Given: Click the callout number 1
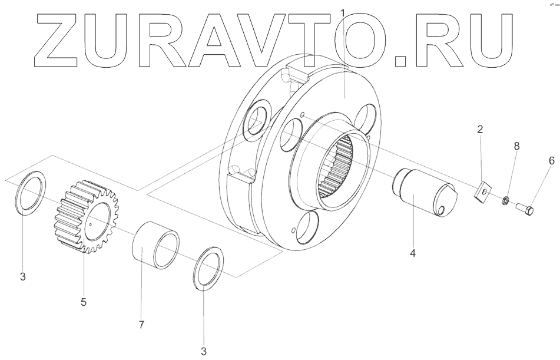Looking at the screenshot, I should tap(343, 12).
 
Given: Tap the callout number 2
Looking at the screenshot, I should tap(480, 129).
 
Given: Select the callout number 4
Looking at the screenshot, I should tap(413, 253).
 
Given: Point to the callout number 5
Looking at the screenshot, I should tap(83, 302).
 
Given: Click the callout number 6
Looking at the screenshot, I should tap(551, 160).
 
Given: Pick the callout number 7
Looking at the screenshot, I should tap(141, 324).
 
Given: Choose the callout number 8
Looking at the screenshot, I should tap(517, 146).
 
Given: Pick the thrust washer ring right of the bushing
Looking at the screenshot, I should tap(210, 268).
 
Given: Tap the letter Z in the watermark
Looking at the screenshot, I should tap(56, 38).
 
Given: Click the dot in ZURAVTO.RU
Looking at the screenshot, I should tap(401, 59).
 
